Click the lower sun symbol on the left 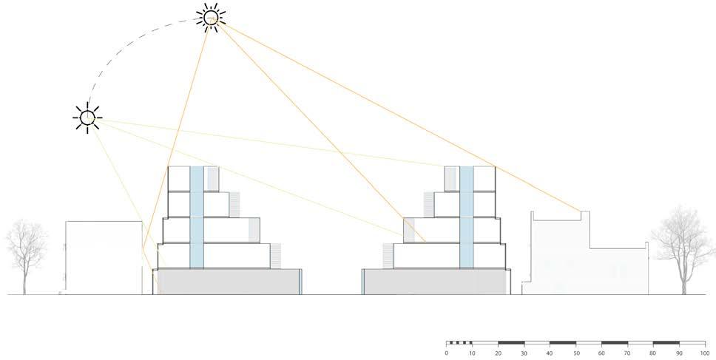[87, 117]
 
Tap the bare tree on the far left [26, 251]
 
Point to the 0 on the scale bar [447, 353]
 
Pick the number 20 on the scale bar [498, 353]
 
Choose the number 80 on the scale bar [652, 353]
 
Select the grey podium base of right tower [435, 282]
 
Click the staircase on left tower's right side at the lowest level [276, 256]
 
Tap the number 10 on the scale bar [472, 353]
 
